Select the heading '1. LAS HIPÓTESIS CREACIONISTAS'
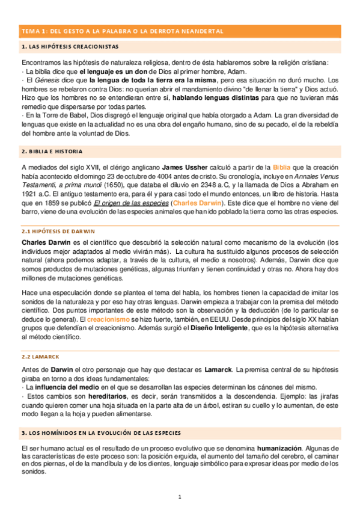[69, 46]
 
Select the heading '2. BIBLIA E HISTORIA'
[52, 151]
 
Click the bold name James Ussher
[183, 167]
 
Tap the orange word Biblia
[284, 167]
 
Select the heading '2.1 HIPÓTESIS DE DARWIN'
[58, 231]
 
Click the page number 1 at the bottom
[180, 497]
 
